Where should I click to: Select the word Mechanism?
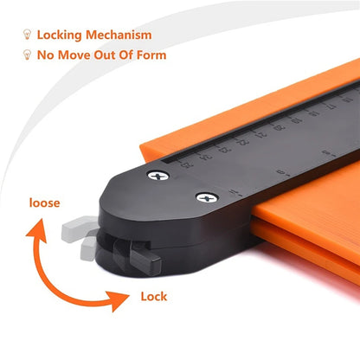(x=124, y=35)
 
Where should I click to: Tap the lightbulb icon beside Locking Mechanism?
(x=28, y=35)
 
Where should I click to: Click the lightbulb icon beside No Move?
(x=28, y=55)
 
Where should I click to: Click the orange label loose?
(x=45, y=204)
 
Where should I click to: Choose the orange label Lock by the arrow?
(x=153, y=297)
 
